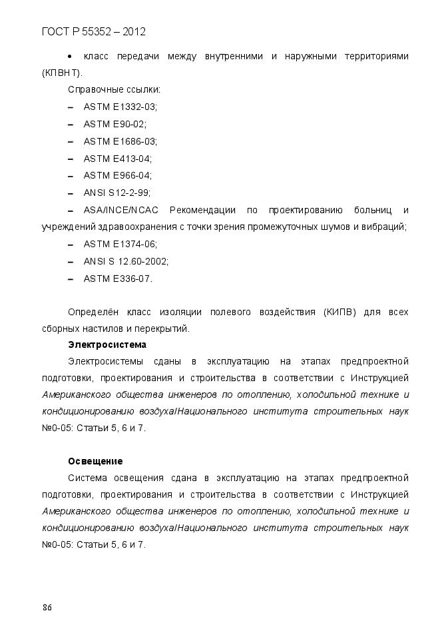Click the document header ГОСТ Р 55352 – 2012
tap(93, 31)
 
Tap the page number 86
tap(47, 607)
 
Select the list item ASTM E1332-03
tap(120, 107)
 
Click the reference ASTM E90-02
tap(114, 124)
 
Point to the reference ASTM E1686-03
tap(120, 141)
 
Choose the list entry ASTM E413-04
tap(117, 159)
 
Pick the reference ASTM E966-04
tap(117, 176)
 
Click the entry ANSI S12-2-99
tap(116, 193)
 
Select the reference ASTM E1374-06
tap(120, 245)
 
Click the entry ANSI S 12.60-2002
tap(126, 262)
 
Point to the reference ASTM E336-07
tap(118, 279)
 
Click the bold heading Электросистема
tap(107, 344)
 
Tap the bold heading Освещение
tap(95, 461)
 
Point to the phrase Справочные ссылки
tap(114, 89)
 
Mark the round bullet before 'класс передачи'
tap(71, 55)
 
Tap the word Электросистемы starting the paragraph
tap(105, 362)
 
